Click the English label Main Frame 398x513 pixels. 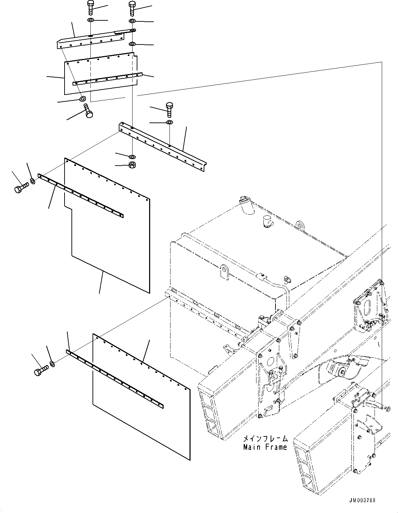point(265,447)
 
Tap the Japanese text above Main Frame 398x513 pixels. point(265,439)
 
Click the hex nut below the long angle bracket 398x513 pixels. point(132,165)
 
